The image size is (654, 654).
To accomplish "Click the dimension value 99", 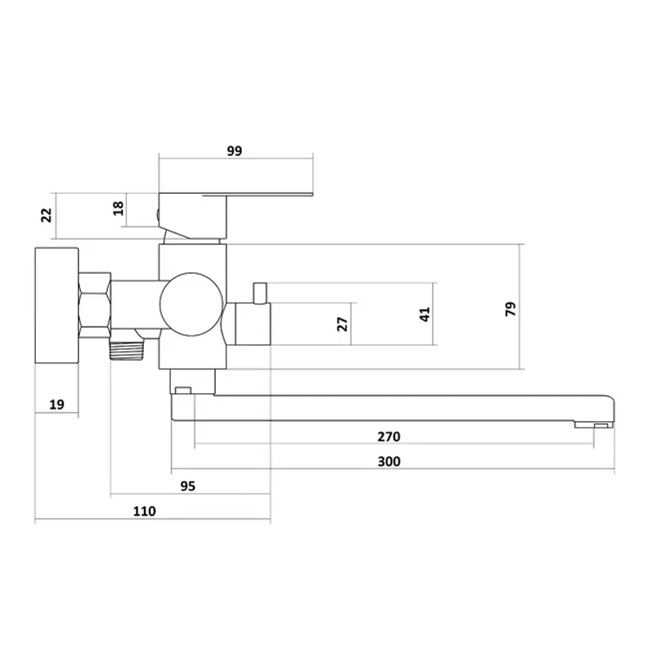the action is [235, 150].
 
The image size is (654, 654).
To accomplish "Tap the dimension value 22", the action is [47, 215].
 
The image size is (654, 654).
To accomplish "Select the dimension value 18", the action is [119, 208].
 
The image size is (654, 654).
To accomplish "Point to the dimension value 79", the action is [510, 309].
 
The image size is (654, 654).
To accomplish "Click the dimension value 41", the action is [424, 314].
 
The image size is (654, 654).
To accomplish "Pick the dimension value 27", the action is [342, 324].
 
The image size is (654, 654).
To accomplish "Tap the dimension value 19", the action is [56, 404].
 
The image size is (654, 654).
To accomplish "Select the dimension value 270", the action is [389, 437].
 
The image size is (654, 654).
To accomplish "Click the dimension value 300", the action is [389, 462].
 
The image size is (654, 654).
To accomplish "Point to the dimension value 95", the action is [188, 486].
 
